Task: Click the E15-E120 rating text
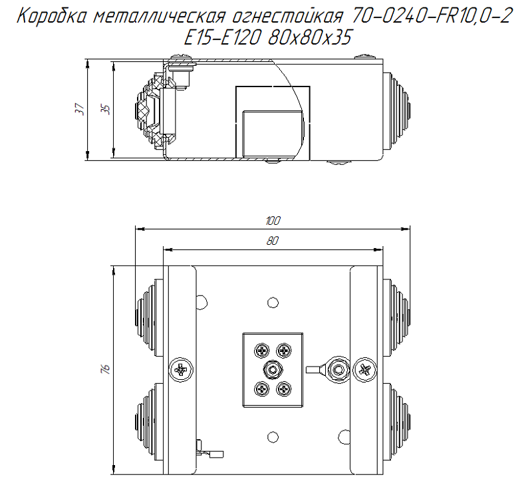(225, 39)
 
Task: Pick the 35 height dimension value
(105, 110)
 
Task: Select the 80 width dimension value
(273, 242)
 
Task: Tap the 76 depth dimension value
(105, 369)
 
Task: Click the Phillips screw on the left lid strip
(180, 369)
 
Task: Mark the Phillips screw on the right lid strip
(364, 369)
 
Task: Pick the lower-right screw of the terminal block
(284, 389)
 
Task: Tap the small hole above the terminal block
(271, 302)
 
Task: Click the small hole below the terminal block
(271, 436)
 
